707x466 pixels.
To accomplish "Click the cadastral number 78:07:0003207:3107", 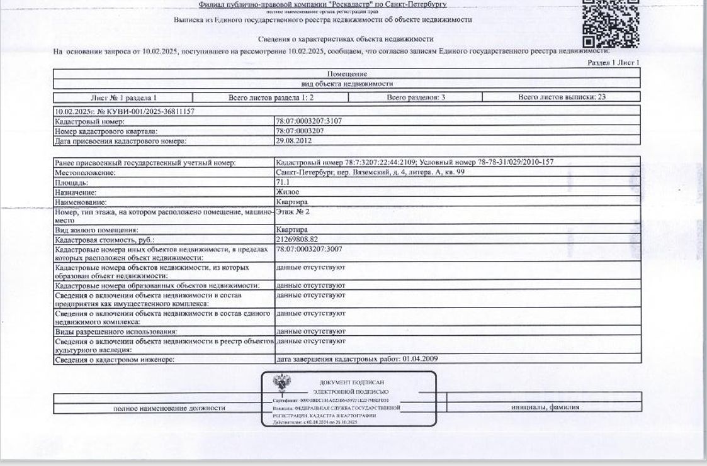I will point(310,121).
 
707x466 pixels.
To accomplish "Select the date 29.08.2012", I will point(294,141).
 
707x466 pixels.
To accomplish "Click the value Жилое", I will point(288,192).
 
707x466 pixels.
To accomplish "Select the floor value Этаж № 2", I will point(293,212).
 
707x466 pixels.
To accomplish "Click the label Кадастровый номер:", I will point(90,121).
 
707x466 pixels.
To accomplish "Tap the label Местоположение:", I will point(86,172).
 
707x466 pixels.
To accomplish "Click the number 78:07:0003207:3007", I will point(310,250).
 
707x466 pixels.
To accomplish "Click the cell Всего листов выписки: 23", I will point(562,97).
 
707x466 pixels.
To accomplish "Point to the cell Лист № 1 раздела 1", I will point(123,98).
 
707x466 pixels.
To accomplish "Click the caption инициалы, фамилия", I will point(545,408).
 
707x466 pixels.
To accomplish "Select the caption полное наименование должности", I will point(169,408).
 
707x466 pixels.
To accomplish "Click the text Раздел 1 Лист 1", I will point(613,63).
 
